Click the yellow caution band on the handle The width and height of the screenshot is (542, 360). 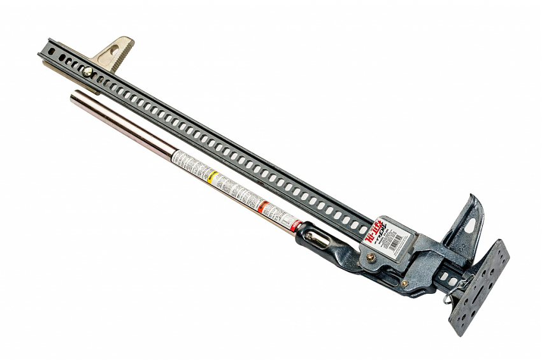[213, 176]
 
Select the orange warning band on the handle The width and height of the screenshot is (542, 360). [262, 206]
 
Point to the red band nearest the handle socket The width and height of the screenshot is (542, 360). [295, 225]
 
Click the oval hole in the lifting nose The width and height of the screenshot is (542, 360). [469, 225]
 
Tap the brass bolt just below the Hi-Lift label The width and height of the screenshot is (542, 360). [371, 257]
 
